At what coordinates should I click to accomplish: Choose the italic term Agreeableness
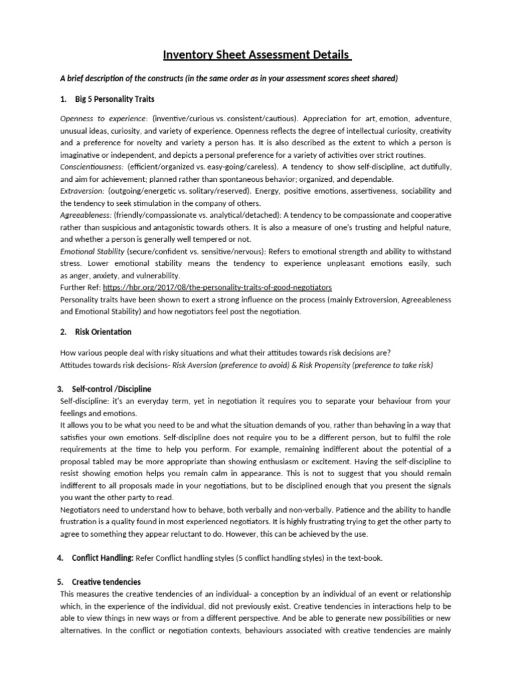85,215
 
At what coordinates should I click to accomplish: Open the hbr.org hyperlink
217,287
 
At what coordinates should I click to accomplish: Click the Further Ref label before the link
80,287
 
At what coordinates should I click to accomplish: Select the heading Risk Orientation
103,332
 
